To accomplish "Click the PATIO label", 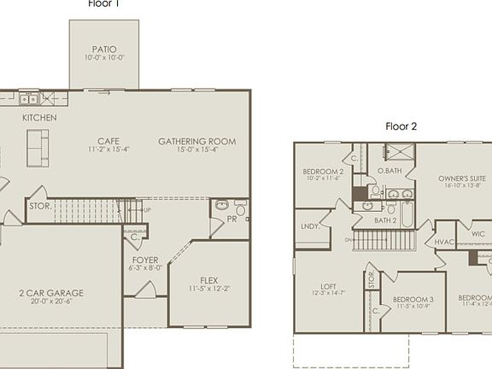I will point(104,50).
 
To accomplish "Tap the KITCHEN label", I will point(39,117).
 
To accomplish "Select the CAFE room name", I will point(108,141).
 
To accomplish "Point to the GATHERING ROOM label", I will point(196,141).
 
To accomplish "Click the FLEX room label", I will point(208,280).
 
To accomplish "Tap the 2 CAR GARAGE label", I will point(52,293).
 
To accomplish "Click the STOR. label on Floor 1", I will point(40,206).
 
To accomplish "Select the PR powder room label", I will point(231,220).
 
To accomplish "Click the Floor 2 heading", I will point(401,126).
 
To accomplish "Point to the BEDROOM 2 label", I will point(323,172).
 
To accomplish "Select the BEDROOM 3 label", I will point(413,299).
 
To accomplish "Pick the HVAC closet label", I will point(444,242).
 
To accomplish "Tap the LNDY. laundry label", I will point(310,226).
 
